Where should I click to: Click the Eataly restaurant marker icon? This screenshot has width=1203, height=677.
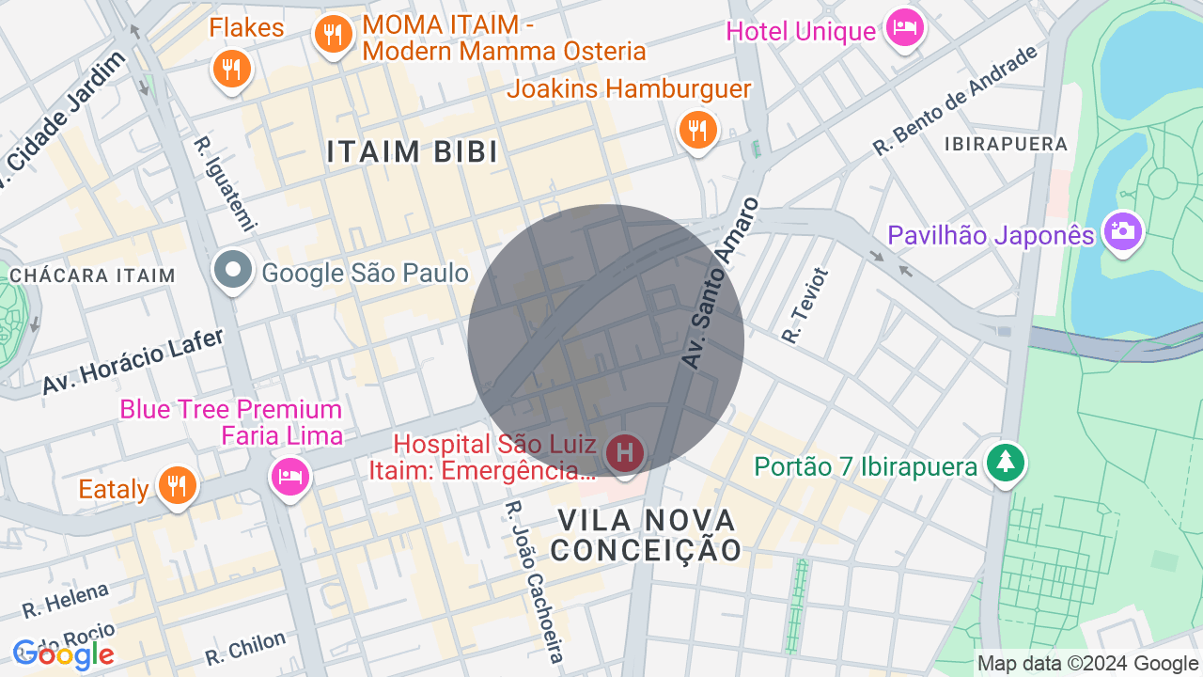point(176,486)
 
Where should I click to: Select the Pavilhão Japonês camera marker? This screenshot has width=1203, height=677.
point(1122,230)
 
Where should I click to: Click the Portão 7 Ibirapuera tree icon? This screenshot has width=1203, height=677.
point(1006,462)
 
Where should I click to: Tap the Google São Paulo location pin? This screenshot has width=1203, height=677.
point(233,271)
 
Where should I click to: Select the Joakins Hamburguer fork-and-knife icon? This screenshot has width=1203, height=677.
point(697,131)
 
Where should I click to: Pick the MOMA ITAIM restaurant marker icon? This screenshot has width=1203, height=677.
point(332,36)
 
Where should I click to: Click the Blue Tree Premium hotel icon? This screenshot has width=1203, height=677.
point(289,476)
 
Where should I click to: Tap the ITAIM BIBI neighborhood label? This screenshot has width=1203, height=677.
point(413,151)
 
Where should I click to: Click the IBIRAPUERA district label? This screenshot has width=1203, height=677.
point(1007,145)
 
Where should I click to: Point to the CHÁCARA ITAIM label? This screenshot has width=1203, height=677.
point(92,276)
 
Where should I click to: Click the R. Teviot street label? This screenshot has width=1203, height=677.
point(805,305)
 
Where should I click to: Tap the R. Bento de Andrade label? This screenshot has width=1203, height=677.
point(955,101)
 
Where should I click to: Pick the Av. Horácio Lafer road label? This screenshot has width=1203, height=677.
point(133,361)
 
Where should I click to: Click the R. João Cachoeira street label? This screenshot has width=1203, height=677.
point(534,581)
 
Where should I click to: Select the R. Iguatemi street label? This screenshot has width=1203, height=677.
point(225,183)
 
